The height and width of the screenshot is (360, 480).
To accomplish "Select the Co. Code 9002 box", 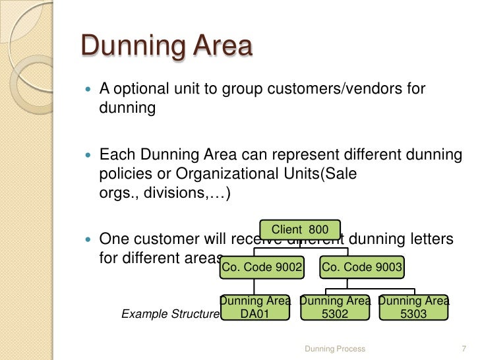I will point(262,267).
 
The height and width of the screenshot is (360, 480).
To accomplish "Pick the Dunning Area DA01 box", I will point(255,307).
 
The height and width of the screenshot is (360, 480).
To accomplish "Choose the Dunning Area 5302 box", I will point(335,307).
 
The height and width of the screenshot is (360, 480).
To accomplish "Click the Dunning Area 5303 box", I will point(414,307).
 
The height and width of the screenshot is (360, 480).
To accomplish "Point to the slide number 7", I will point(462,347).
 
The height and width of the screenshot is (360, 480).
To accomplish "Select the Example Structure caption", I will point(170,315).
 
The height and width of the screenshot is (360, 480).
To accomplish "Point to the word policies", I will point(125,175).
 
